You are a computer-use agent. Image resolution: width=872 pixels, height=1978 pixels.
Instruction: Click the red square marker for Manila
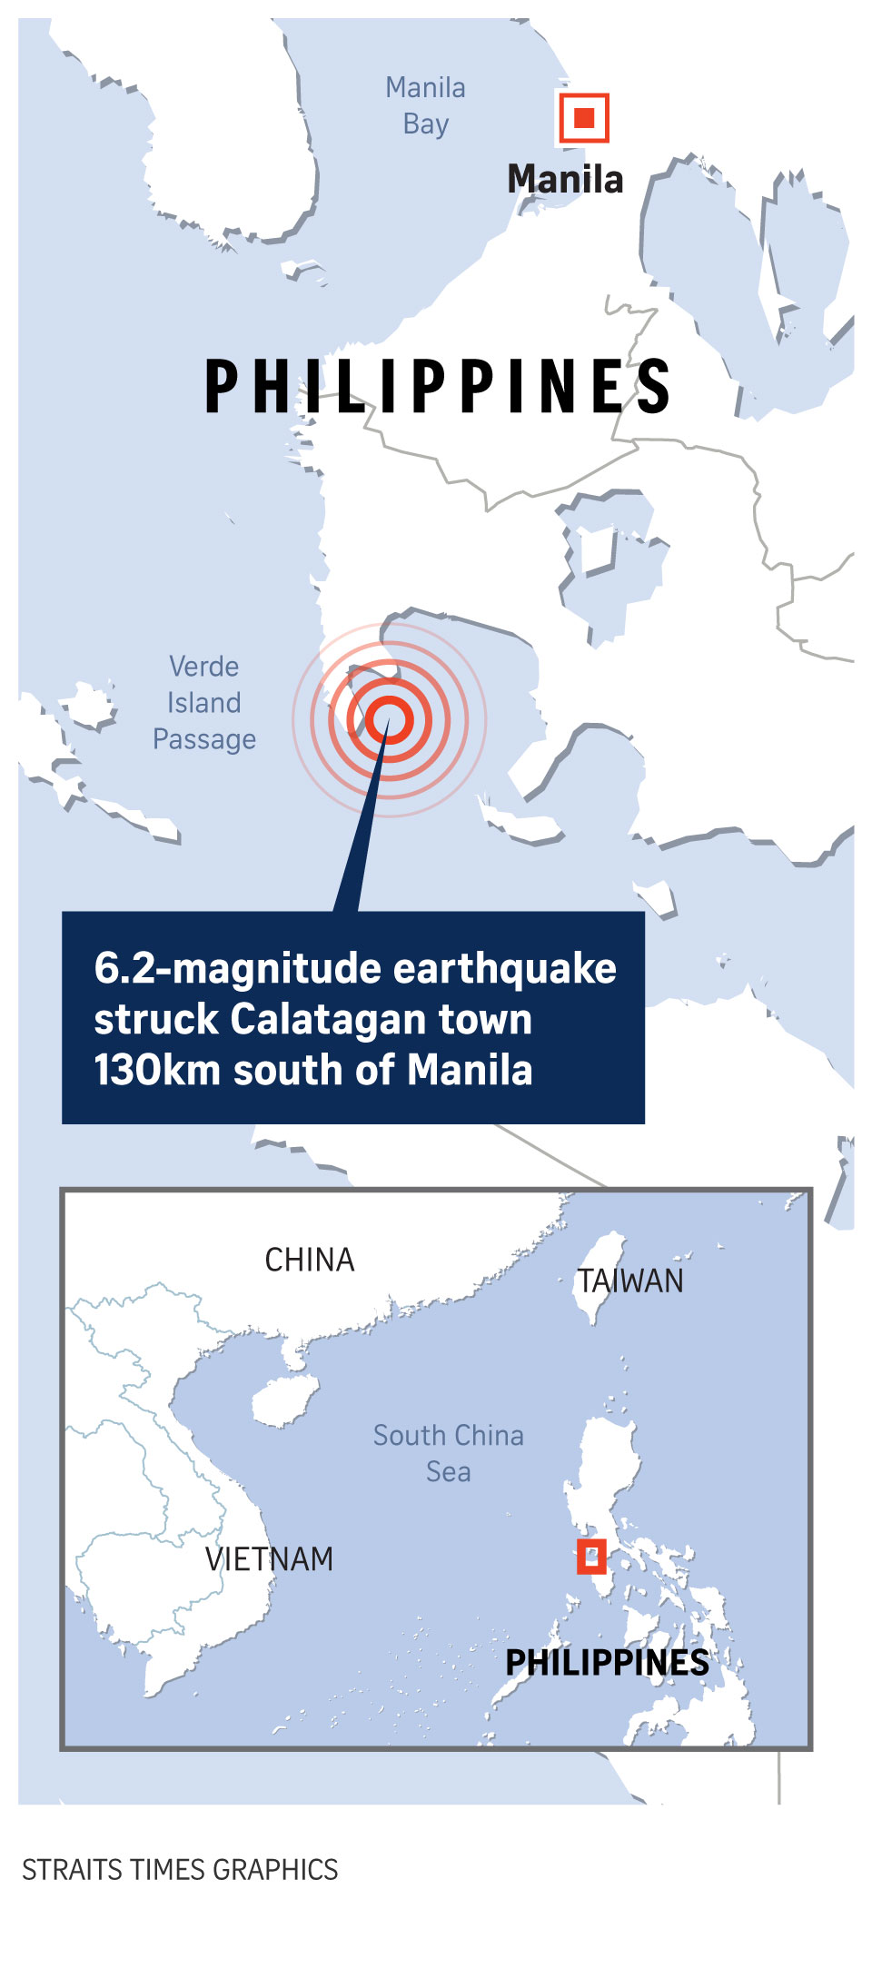click(x=583, y=118)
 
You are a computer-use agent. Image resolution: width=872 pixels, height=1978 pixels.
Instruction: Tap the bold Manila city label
click(x=565, y=179)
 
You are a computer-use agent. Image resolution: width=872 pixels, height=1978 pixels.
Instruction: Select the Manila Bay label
click(x=425, y=105)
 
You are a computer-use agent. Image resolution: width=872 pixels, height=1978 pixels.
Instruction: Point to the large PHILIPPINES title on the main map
click(x=437, y=387)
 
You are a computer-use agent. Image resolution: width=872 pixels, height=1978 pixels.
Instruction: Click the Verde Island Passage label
click(x=204, y=703)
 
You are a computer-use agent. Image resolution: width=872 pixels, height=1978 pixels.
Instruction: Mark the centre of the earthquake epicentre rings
click(x=389, y=719)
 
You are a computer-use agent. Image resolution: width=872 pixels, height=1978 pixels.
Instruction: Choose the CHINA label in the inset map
click(x=309, y=1260)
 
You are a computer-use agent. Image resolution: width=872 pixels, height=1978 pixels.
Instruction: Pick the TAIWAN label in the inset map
click(x=632, y=1281)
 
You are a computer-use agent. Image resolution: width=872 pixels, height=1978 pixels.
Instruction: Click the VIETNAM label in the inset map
click(x=269, y=1559)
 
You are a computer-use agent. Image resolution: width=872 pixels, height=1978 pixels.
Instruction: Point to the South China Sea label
click(x=449, y=1453)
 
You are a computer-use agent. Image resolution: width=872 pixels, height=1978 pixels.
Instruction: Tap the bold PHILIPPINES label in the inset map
click(x=607, y=1663)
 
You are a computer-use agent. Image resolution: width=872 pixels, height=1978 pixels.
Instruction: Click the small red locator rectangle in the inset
click(x=591, y=1558)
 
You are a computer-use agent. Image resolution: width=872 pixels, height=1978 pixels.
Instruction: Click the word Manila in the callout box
click(x=470, y=1070)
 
